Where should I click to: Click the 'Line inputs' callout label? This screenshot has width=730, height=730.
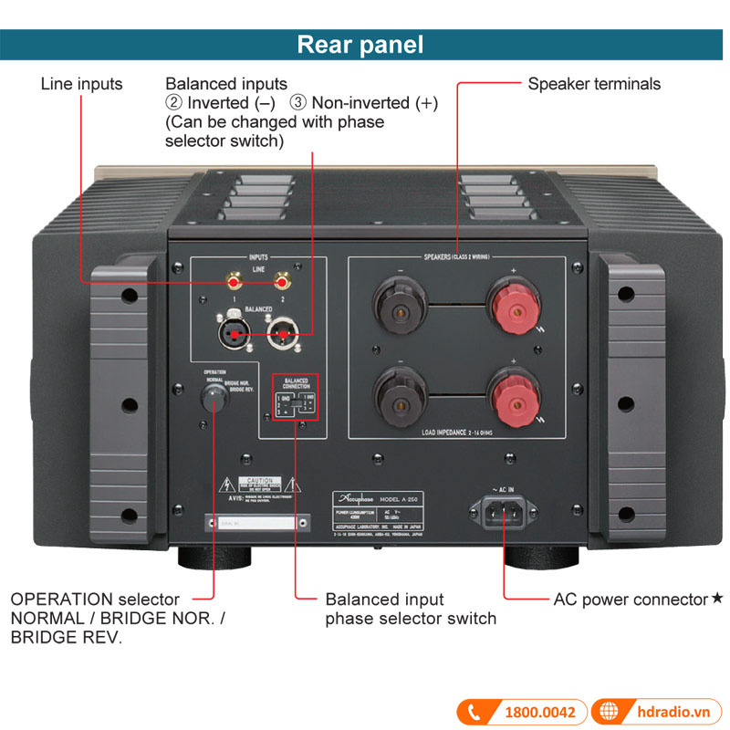(x=81, y=84)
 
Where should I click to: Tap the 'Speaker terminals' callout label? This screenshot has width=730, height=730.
(x=594, y=84)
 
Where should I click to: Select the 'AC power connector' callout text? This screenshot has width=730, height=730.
(x=631, y=600)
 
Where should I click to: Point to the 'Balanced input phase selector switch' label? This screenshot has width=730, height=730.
(x=411, y=609)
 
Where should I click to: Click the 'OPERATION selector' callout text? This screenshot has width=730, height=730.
(x=95, y=600)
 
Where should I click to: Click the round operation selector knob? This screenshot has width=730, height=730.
(x=214, y=398)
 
